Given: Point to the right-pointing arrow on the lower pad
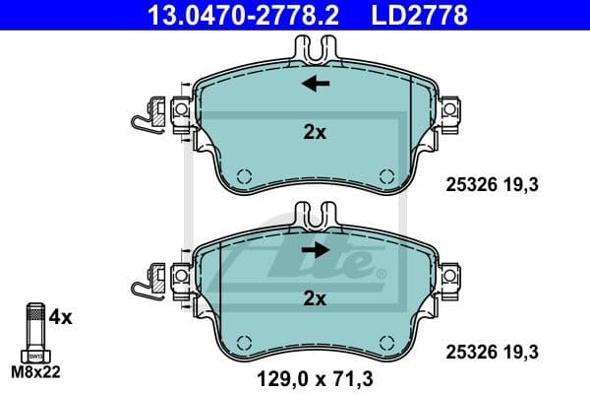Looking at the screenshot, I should click(x=315, y=250).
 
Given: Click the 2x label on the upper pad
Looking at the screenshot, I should click(x=315, y=132).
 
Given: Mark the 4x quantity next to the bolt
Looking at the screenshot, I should click(x=60, y=317).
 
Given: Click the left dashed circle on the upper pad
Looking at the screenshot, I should click(x=245, y=176).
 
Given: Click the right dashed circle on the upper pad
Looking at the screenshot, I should click(x=386, y=176).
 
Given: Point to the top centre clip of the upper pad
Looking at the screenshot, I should click(x=316, y=46).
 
